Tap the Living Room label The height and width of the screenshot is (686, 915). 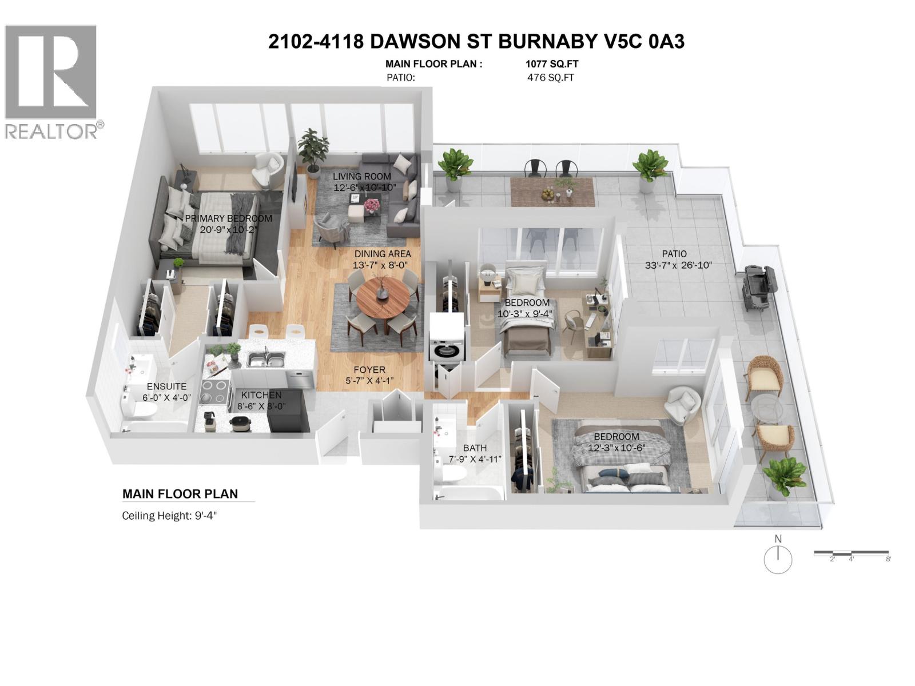point(362,176)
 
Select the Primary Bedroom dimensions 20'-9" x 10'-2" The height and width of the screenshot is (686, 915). point(228,230)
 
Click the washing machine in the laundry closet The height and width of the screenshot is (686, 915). point(447,348)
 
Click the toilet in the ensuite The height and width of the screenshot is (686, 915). point(139,407)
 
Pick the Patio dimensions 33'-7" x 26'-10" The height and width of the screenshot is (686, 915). point(678,265)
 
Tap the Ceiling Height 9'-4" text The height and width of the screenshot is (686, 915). point(170,516)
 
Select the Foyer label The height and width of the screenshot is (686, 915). point(369,370)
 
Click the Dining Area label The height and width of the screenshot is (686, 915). point(382,254)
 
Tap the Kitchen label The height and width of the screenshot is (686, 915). point(261,395)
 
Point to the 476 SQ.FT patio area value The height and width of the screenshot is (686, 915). point(550,78)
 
